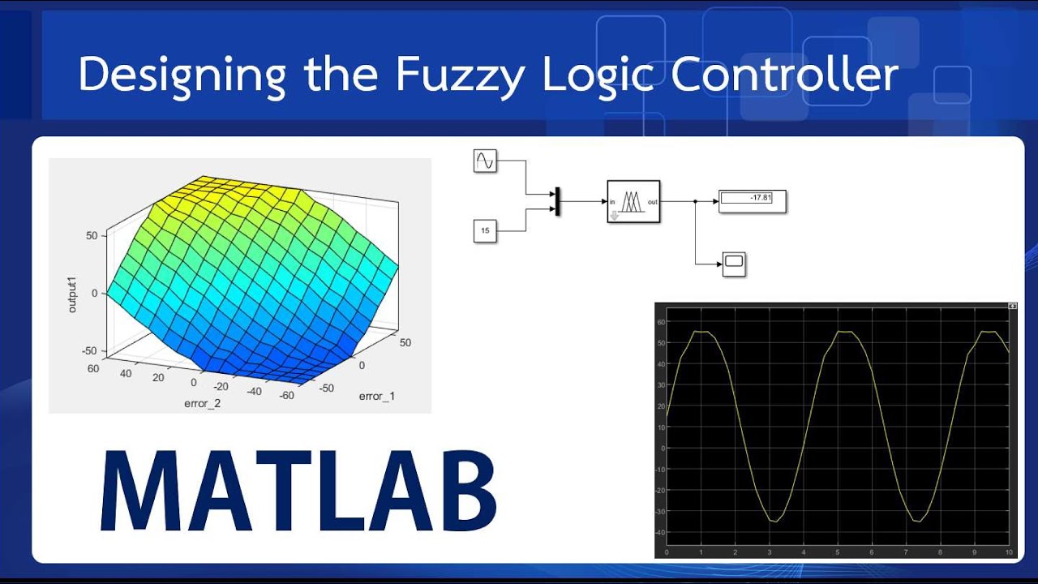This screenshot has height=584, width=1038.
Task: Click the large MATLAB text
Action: [x=298, y=490]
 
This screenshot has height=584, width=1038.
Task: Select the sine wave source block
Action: [x=484, y=161]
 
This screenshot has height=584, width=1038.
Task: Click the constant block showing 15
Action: [x=484, y=231]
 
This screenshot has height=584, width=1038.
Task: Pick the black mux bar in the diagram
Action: [x=557, y=202]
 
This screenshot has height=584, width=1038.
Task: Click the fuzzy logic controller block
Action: [x=634, y=201]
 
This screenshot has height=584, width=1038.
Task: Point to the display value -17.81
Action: [x=752, y=197]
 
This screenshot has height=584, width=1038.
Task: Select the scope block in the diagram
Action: [x=734, y=264]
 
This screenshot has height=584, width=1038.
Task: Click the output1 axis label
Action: [x=73, y=294]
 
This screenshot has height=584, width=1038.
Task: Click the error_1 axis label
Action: [x=376, y=396]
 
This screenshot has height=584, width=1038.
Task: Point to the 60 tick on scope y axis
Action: [x=661, y=322]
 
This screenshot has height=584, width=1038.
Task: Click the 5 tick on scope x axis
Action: [x=838, y=552]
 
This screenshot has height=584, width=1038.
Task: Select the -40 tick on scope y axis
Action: [x=661, y=533]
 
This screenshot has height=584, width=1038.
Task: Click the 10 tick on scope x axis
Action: [x=1008, y=552]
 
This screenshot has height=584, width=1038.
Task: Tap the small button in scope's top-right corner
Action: [x=1011, y=307]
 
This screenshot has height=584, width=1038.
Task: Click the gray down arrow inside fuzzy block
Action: [x=615, y=215]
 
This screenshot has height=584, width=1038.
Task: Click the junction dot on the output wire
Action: [x=695, y=201]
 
